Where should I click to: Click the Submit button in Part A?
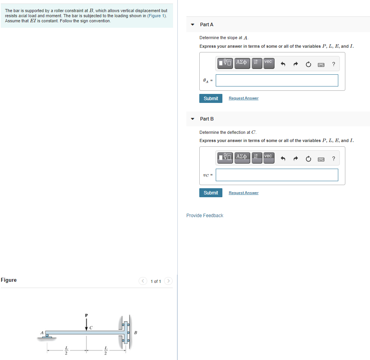click(x=211, y=98)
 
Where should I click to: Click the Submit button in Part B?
click(x=211, y=193)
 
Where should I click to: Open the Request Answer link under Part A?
click(x=244, y=98)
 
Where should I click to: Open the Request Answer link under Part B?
click(x=244, y=193)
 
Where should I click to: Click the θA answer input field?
click(x=277, y=80)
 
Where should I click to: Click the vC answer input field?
click(x=277, y=175)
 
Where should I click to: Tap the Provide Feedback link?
click(x=205, y=216)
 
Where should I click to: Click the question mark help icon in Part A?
click(x=333, y=64)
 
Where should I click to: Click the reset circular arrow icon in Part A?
click(x=308, y=64)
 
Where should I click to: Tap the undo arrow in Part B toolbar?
click(x=283, y=158)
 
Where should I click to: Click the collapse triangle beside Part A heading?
click(x=192, y=25)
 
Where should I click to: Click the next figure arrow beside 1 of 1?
click(x=168, y=281)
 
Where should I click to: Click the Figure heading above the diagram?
click(x=9, y=280)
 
